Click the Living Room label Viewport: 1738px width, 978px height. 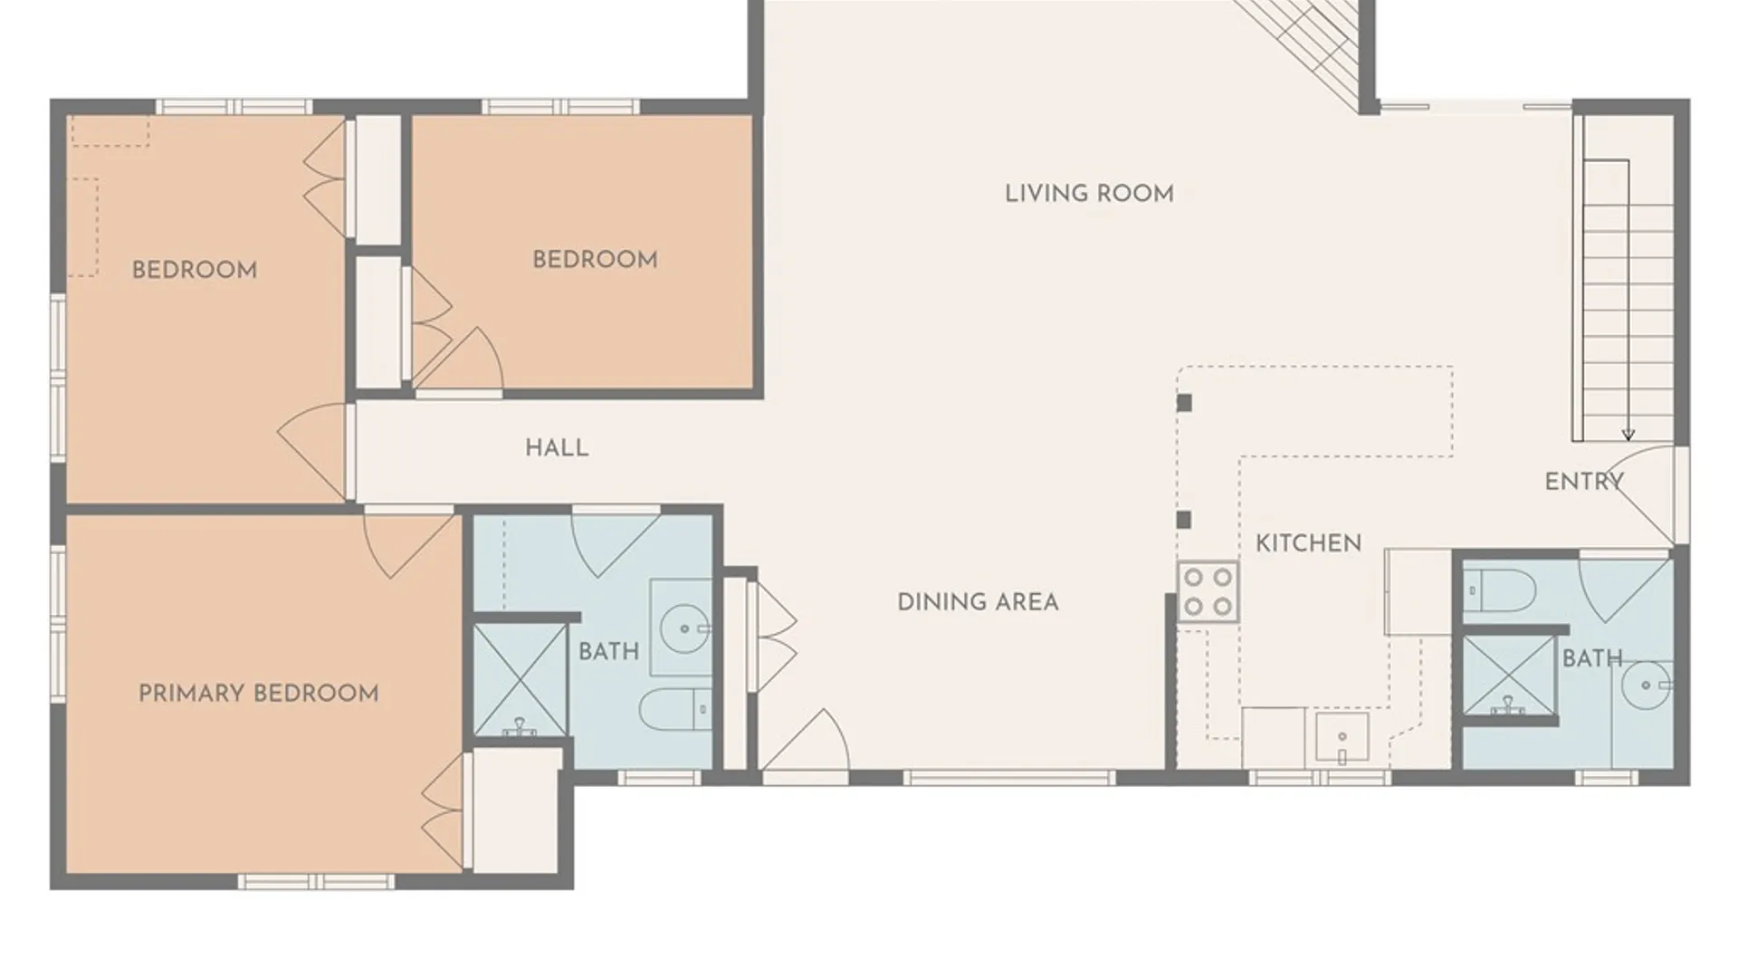point(1089,194)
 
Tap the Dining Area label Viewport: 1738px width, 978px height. point(978,602)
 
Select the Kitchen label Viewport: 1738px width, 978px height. point(1308,543)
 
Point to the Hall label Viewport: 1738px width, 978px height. point(557,447)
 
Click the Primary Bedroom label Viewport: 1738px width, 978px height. point(259,694)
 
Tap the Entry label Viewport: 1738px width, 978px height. point(1584,482)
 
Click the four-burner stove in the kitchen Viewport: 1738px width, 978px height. point(1208,592)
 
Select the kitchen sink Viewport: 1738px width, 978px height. point(1342,739)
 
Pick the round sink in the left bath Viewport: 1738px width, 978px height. point(684,628)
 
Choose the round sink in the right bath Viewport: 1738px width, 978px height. point(1646,686)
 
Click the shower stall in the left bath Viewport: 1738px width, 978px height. point(520,680)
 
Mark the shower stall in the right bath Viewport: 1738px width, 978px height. point(1508,676)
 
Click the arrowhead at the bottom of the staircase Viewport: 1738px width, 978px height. point(1628,435)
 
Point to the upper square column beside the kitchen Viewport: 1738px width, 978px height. point(1184,403)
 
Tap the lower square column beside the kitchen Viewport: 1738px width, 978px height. point(1183,520)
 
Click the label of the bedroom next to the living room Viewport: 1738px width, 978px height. point(595,260)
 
